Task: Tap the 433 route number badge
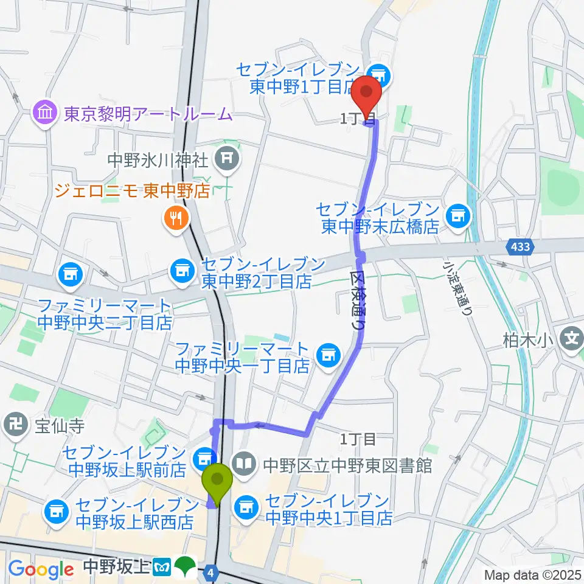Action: tap(515, 246)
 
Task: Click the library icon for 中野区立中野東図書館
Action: tap(245, 465)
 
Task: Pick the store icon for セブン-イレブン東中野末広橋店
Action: tap(457, 214)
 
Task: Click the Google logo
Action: tap(41, 569)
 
